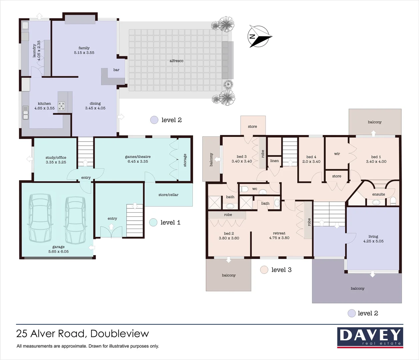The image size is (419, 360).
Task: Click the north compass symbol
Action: (x=260, y=36)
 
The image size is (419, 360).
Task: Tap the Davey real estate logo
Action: (x=370, y=337)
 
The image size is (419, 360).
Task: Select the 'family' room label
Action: (x=84, y=48)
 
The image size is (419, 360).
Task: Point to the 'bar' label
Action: (x=116, y=70)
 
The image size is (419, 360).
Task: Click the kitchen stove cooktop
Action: (x=62, y=106)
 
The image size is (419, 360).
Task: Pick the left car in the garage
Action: (x=40, y=218)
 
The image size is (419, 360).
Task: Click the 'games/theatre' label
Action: (x=138, y=157)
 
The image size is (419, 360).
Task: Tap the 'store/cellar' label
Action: (x=168, y=195)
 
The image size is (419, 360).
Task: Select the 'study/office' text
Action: (x=56, y=158)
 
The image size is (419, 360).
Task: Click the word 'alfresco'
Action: (x=176, y=61)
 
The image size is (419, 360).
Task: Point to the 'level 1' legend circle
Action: (x=153, y=222)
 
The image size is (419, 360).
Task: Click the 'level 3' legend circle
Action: (x=264, y=270)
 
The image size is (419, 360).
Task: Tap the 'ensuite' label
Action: (x=379, y=194)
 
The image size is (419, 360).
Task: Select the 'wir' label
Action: (x=337, y=154)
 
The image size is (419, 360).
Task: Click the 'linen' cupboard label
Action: (x=274, y=161)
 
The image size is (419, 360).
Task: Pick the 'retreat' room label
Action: (x=279, y=233)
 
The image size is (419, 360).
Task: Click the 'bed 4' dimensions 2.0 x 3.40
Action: (x=311, y=162)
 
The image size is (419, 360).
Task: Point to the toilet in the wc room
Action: (x=244, y=189)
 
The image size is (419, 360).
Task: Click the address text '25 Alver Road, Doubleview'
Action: (x=83, y=334)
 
